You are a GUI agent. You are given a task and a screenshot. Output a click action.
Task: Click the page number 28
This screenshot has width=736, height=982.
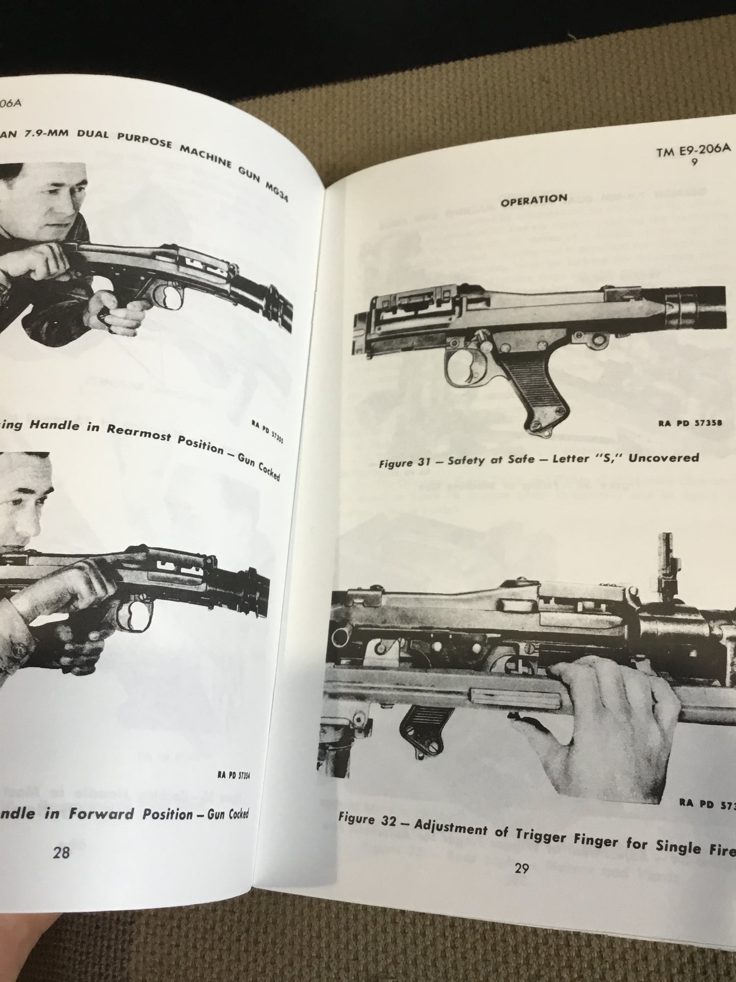61,853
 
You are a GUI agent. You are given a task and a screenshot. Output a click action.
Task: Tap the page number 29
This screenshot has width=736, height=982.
521,868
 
